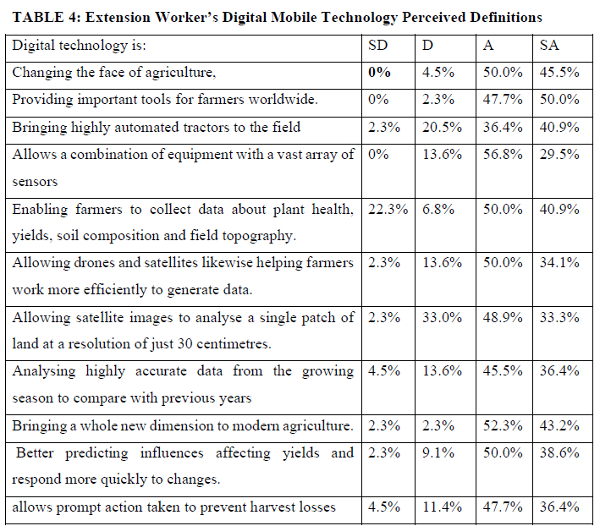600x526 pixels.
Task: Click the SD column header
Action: [378, 46]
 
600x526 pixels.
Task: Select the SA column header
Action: [549, 46]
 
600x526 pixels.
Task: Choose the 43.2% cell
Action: [559, 426]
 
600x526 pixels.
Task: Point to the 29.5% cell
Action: [559, 155]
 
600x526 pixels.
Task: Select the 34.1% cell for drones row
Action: [559, 263]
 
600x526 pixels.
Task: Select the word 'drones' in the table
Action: [98, 263]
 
